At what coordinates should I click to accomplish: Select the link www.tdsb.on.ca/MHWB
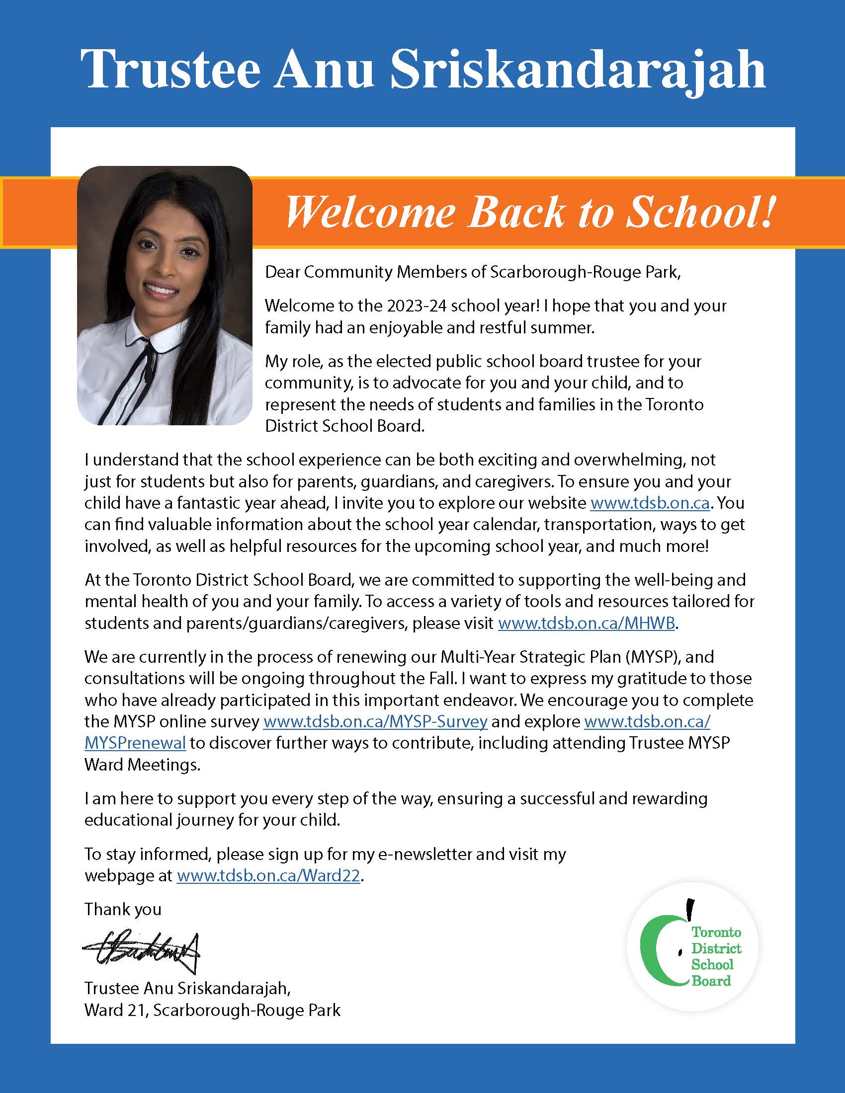(x=586, y=624)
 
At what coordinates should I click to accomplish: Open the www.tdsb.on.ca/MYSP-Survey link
(x=375, y=722)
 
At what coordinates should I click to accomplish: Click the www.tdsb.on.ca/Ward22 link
(x=268, y=876)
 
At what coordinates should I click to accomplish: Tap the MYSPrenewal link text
(x=135, y=743)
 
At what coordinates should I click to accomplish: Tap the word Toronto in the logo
(x=716, y=932)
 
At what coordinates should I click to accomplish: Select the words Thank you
(x=123, y=909)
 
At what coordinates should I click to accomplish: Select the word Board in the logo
(x=711, y=980)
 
